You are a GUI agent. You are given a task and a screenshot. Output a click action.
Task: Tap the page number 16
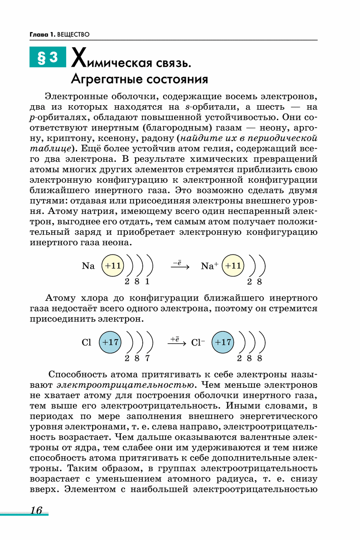[x=36, y=510]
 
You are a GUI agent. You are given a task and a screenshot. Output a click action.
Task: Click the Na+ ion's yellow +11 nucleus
[x=233, y=266]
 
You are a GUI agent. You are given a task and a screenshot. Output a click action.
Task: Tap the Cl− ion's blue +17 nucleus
[x=223, y=342]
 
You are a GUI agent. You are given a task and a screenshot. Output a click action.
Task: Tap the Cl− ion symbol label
[x=199, y=343]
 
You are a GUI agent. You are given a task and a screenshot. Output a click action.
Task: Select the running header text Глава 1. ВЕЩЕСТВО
[x=59, y=34]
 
